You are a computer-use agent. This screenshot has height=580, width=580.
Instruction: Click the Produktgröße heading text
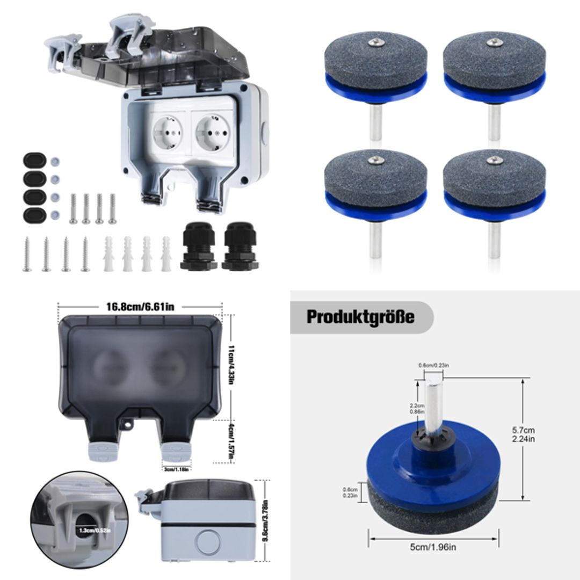point(360,317)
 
